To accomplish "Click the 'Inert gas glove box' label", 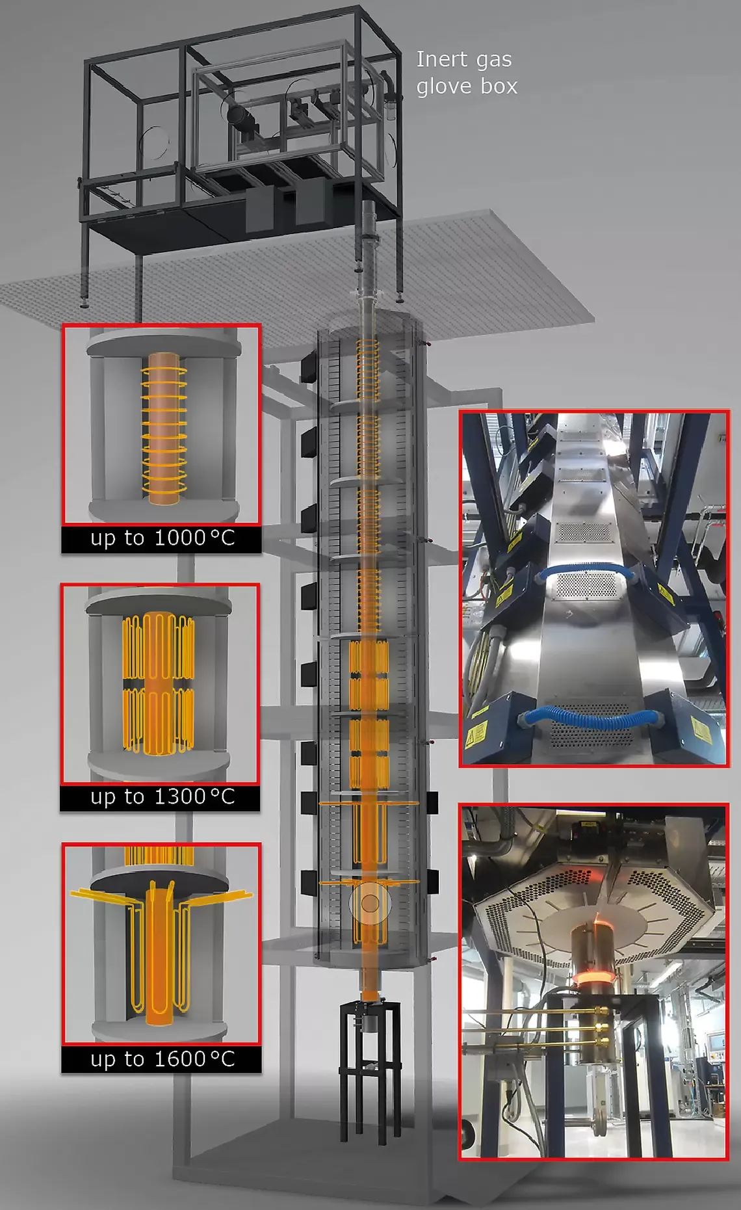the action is (x=467, y=72).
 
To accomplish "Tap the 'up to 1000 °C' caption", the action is (x=162, y=538).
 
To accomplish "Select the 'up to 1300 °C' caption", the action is (x=162, y=796).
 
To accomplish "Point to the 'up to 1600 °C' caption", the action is (x=162, y=1059).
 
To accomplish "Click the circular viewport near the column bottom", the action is (x=370, y=902).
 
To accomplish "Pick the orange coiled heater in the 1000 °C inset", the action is (x=164, y=429).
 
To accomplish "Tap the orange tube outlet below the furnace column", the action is (x=369, y=986).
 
